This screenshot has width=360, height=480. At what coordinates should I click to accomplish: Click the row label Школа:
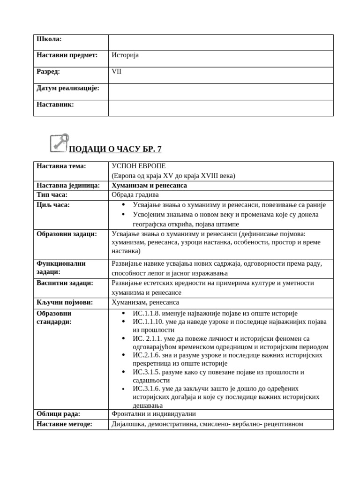pos(49,39)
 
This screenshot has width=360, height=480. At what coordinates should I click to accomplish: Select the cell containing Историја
pos(125,55)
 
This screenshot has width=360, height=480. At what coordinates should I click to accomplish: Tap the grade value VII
pos(116,72)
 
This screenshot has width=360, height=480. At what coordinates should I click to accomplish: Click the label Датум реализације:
pos(68,88)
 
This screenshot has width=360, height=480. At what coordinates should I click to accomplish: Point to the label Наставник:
pos(55,105)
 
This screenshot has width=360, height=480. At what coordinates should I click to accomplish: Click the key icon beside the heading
pos(59,143)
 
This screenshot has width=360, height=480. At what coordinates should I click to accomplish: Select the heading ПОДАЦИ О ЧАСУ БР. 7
pos(115,150)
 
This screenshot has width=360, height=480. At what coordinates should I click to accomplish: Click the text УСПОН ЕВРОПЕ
pos(138,166)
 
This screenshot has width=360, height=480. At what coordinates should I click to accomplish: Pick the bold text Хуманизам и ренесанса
pos(149,185)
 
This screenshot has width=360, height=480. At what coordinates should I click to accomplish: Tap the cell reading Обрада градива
pos(135,195)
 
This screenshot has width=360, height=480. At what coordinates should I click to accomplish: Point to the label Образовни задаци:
pos(67,234)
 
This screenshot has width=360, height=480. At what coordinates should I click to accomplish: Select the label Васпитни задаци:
pos(65,283)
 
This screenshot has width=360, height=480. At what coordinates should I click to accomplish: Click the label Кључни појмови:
pos(65,302)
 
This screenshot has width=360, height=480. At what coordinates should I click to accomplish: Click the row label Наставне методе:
pos(64,424)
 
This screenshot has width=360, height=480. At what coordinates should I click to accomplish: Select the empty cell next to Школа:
pos(220,42)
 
